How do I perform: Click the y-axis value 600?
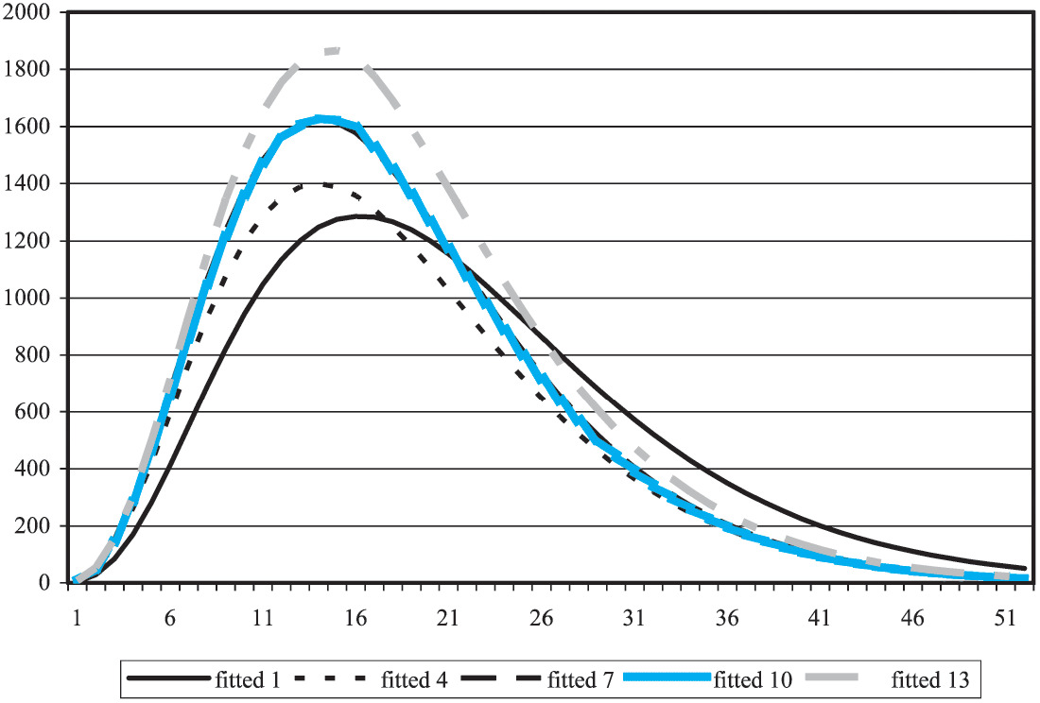pos(38,413)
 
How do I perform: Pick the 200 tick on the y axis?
pos(38,526)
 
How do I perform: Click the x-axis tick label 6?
pos(169,617)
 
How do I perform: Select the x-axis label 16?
pos(355,617)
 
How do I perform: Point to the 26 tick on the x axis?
pos(540,617)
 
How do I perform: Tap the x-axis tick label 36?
pos(726,617)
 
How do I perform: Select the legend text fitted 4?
pos(413,678)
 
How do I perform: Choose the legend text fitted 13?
pos(933,678)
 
